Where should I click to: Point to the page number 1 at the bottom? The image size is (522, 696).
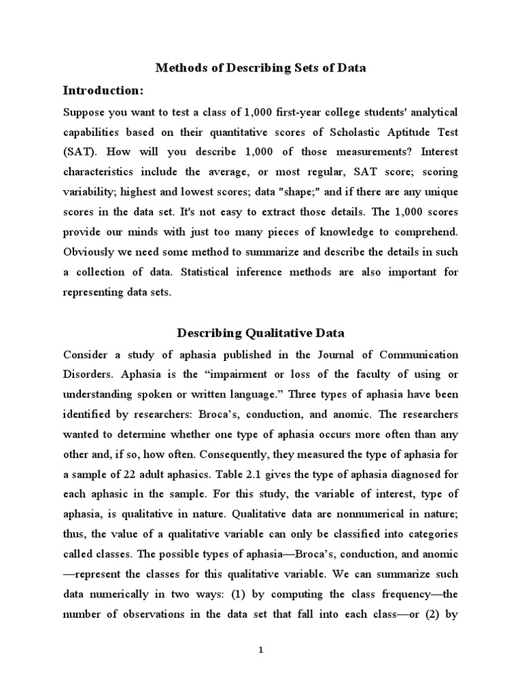tap(260, 650)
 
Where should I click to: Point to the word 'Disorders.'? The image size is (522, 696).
tap(90, 374)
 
